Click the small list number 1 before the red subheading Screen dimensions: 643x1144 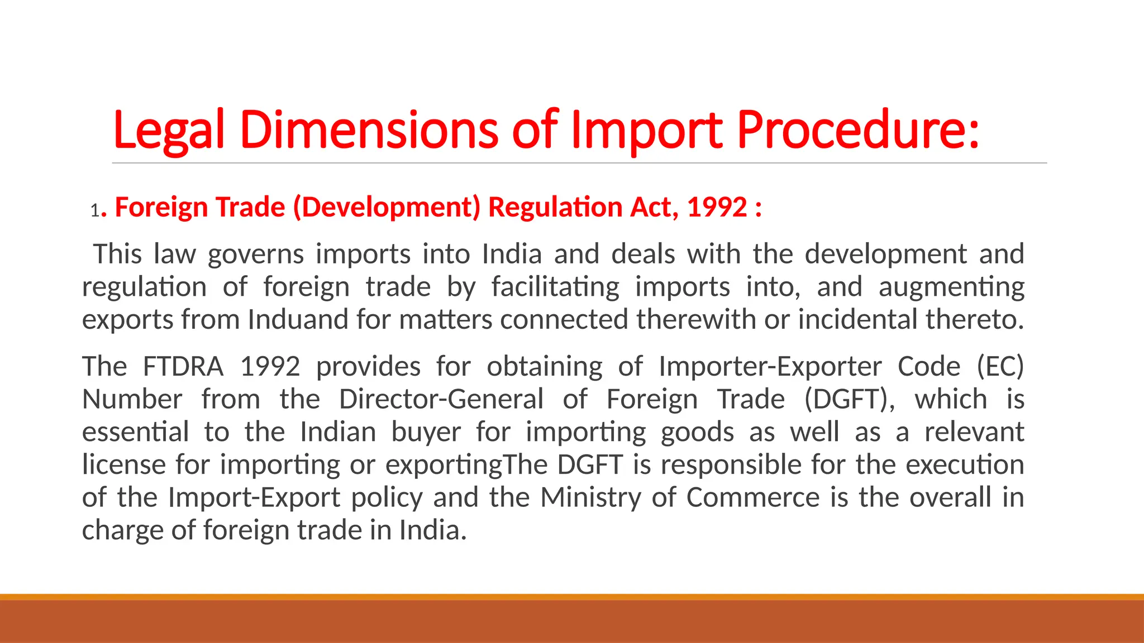[94, 210]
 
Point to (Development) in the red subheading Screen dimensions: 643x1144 [387, 208]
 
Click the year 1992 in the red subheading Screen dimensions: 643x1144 [717, 208]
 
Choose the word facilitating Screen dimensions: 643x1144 [555, 287]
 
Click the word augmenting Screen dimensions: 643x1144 [951, 287]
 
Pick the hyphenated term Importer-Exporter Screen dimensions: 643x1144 [770, 367]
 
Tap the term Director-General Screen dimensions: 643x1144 [441, 400]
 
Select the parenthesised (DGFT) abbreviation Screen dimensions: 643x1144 [849, 400]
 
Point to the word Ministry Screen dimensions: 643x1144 [590, 497]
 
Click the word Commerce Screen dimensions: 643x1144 [752, 497]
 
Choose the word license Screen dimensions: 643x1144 [124, 464]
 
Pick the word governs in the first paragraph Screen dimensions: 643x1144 [256, 255]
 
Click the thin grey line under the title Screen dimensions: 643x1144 [579, 163]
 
